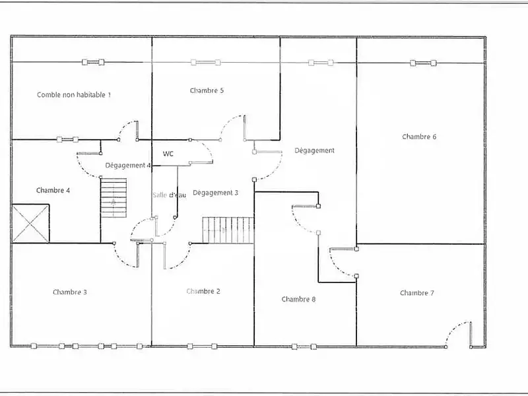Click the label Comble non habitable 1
74,95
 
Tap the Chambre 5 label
207,90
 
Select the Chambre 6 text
419,137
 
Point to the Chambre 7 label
417,293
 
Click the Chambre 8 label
298,299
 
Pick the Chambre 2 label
203,291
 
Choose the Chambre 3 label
70,292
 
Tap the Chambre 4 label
53,190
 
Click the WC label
168,154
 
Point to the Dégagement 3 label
215,193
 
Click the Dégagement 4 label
128,165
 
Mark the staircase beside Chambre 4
113,198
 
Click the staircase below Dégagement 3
228,230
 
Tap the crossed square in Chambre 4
30,223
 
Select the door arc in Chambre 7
457,333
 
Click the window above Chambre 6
422,63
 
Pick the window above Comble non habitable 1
93,63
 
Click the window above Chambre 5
203,63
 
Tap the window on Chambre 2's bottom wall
202,345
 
